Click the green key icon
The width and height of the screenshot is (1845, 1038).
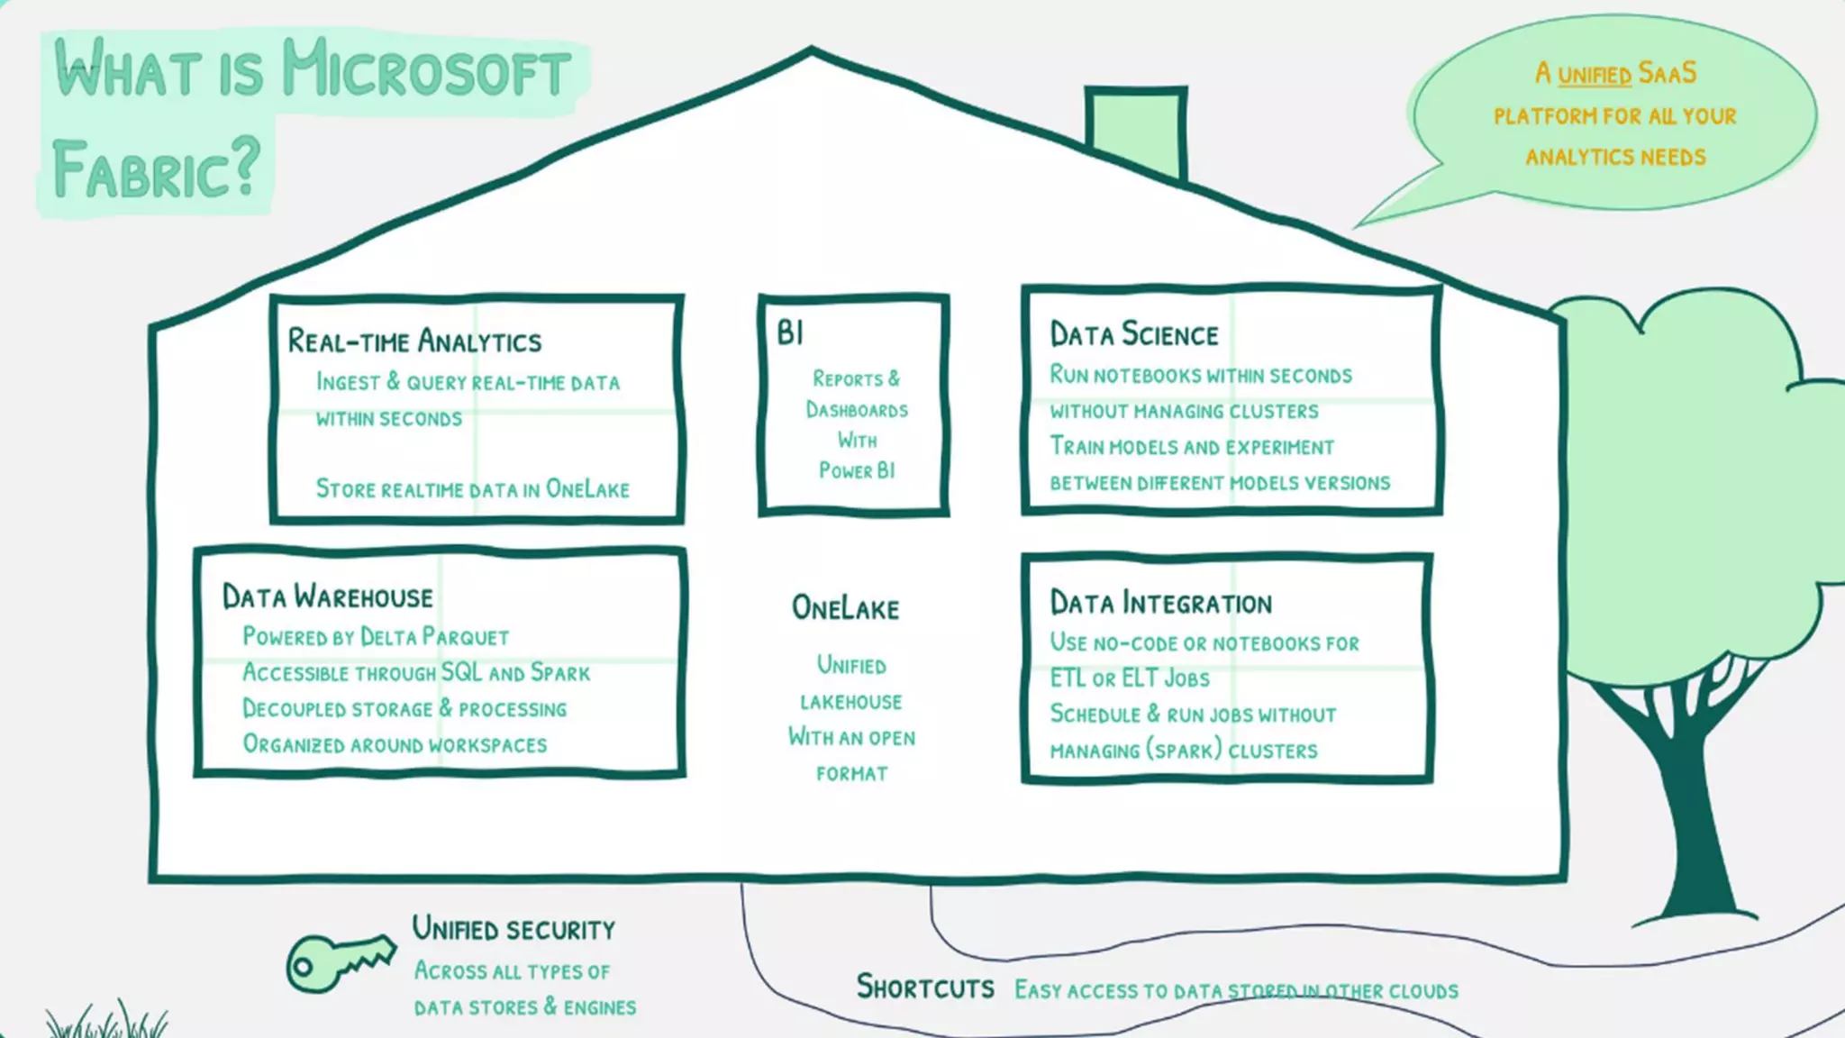click(338, 962)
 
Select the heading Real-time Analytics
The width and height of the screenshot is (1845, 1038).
click(414, 341)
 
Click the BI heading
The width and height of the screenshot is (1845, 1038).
click(790, 333)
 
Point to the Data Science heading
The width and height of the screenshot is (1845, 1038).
click(1134, 335)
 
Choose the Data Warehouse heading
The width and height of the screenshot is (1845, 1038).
click(328, 597)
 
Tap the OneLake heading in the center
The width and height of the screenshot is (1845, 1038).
click(845, 608)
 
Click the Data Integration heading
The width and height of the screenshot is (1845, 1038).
click(1161, 604)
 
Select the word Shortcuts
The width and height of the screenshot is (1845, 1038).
click(925, 988)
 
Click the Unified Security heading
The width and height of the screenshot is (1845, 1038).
click(514, 929)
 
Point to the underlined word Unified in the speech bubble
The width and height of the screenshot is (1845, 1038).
click(1595, 75)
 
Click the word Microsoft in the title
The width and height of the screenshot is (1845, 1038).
click(426, 69)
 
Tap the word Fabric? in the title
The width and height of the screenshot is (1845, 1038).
click(156, 169)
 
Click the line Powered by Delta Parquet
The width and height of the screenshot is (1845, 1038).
click(376, 637)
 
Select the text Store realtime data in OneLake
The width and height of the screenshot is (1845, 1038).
click(472, 489)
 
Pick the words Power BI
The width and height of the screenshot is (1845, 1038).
click(857, 470)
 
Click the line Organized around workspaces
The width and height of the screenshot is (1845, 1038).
click(395, 745)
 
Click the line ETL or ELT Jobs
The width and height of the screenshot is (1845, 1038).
click(1130, 678)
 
